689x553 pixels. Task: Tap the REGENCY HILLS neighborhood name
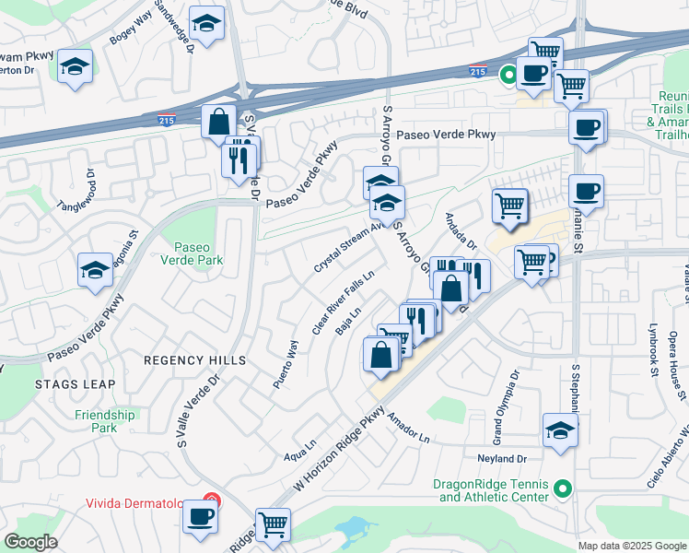[x=193, y=359]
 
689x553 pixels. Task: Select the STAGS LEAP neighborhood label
[x=76, y=383]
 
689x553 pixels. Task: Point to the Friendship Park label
[x=105, y=421]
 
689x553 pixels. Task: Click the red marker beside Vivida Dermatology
[x=211, y=501]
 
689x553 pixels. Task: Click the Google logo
[x=31, y=542]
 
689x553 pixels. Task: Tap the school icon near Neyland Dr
[x=560, y=430]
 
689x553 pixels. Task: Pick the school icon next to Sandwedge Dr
[x=207, y=25]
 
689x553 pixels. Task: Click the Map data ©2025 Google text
[x=631, y=546]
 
